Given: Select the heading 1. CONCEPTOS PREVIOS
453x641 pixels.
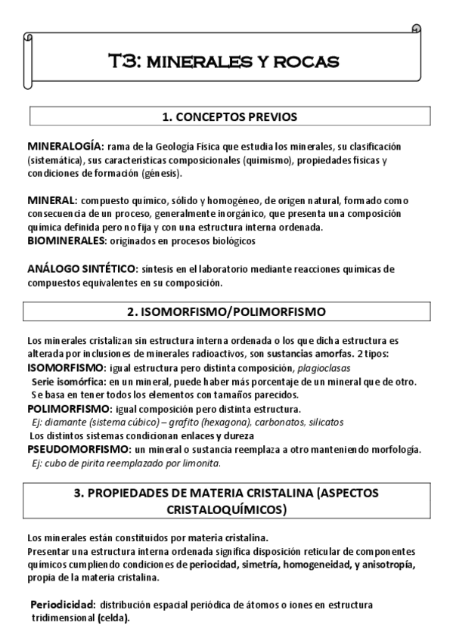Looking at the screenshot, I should point(229,117).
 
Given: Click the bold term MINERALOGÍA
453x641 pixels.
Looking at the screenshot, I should point(64,146).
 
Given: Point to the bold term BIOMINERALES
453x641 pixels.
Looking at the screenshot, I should point(65,240).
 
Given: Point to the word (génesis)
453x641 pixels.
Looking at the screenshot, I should point(161,173).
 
